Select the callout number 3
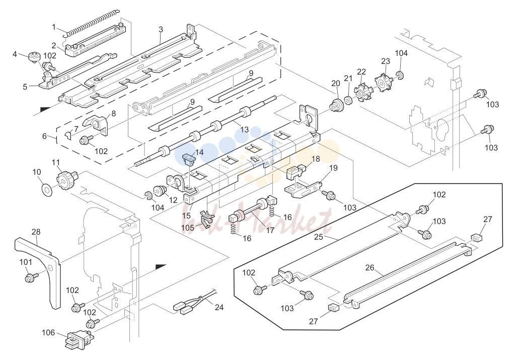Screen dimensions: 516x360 coord(161,29)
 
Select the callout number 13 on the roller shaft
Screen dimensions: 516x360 coord(244,129)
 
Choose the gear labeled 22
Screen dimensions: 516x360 coord(361,91)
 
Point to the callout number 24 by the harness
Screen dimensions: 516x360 coord(219,307)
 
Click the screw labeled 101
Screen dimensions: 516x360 coord(30,277)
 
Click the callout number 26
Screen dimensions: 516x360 coord(370,267)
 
